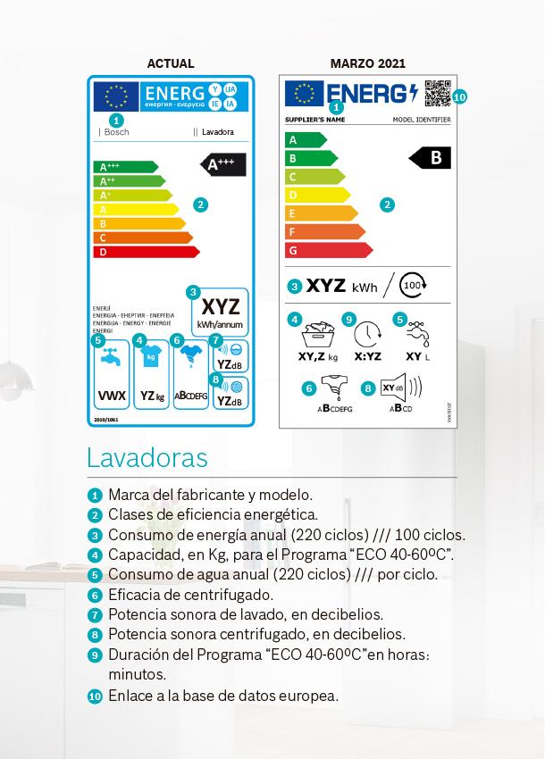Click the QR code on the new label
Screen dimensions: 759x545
point(437,93)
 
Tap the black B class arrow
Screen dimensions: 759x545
point(431,158)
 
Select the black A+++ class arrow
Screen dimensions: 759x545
point(222,164)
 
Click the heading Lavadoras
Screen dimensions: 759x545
point(147,457)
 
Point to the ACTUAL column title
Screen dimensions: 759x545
point(170,63)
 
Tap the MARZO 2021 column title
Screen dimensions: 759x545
point(367,63)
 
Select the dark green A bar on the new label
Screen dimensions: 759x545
point(305,139)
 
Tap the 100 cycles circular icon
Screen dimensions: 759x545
point(413,286)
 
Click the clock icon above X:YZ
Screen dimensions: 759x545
point(367,334)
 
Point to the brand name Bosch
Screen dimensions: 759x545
point(116,132)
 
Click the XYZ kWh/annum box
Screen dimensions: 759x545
point(219,311)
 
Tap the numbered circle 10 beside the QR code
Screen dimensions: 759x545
point(459,96)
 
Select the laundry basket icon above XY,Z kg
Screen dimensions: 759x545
point(317,335)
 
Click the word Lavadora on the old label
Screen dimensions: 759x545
point(218,132)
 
